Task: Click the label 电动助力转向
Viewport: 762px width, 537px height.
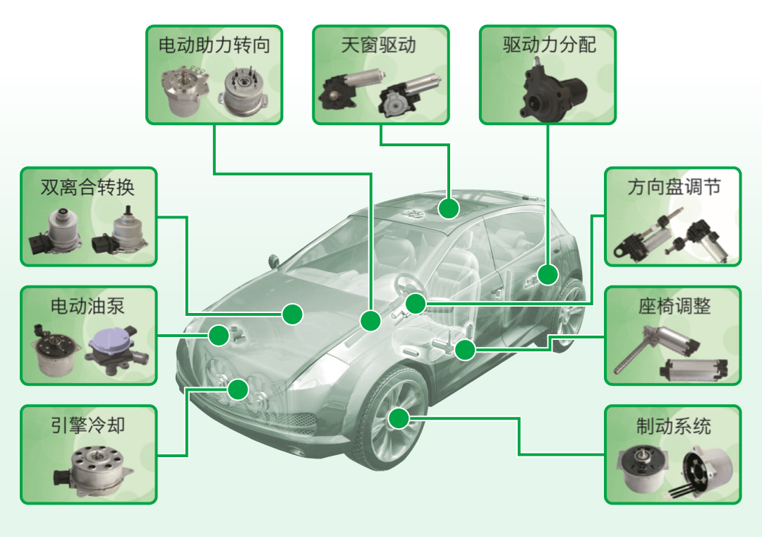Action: [x=214, y=46]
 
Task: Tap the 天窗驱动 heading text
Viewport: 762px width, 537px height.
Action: [x=379, y=46]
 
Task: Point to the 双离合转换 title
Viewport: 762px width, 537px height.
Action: [x=87, y=187]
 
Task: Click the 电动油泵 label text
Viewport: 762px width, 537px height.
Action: [x=87, y=306]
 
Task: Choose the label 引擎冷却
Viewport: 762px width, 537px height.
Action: [x=87, y=425]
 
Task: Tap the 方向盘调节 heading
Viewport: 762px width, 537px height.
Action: [x=674, y=187]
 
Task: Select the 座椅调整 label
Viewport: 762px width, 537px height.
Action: [x=674, y=306]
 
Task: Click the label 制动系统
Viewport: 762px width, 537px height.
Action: [x=674, y=426]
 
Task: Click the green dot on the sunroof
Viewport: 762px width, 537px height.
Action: [x=447, y=208]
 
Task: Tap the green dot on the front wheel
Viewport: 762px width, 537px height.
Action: [x=399, y=418]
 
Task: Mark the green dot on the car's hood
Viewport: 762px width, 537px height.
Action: [x=293, y=314]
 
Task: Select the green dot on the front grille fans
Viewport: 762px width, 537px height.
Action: [x=238, y=389]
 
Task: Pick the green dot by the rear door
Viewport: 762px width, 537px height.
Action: [x=548, y=274]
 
